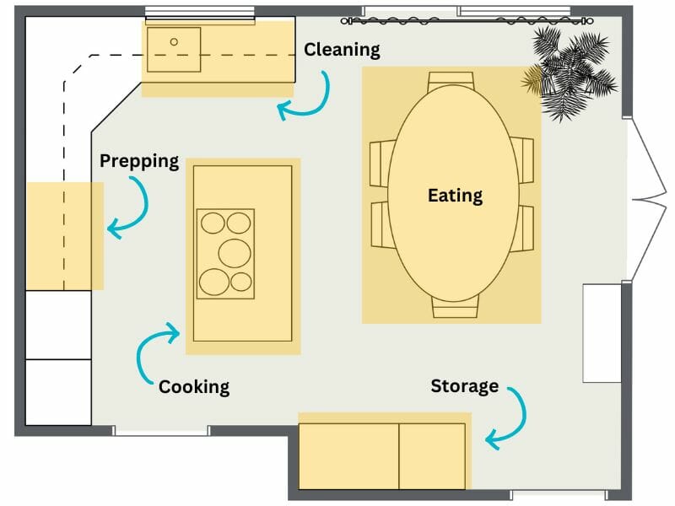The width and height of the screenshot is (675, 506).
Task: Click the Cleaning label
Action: pyautogui.click(x=342, y=50)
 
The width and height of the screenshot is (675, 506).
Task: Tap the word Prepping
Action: pyautogui.click(x=139, y=160)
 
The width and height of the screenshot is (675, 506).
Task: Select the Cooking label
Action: pyautogui.click(x=194, y=387)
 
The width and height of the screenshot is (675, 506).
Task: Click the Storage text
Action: pyautogui.click(x=464, y=386)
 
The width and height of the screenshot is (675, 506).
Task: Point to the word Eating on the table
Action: pyautogui.click(x=455, y=196)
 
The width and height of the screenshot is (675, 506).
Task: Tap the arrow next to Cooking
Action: pyautogui.click(x=155, y=349)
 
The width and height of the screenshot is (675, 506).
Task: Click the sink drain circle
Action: pyautogui.click(x=175, y=41)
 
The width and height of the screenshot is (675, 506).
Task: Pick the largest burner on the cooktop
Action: pyautogui.click(x=235, y=251)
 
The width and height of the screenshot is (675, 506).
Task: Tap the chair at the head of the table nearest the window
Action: pyautogui.click(x=451, y=80)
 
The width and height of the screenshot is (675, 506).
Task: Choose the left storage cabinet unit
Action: pyautogui.click(x=348, y=455)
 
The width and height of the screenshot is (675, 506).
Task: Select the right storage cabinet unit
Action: pyautogui.click(x=431, y=455)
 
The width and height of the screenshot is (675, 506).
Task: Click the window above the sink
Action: pyautogui.click(x=199, y=14)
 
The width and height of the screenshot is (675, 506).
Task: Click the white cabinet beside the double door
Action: pyautogui.click(x=601, y=332)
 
